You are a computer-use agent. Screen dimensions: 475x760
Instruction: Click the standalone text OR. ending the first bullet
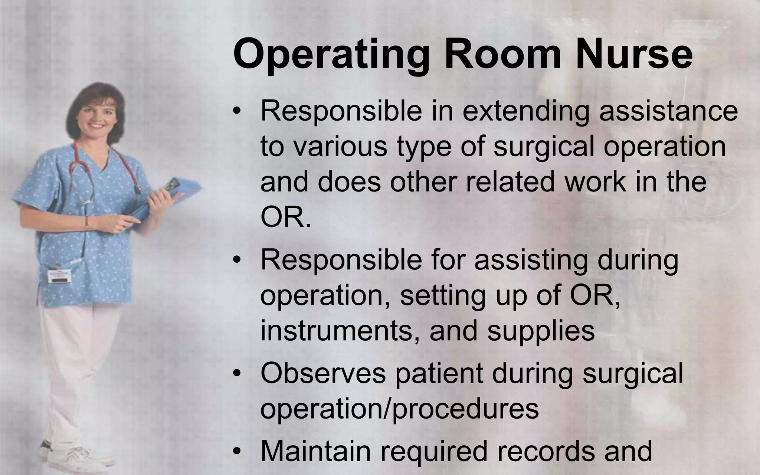[285, 218]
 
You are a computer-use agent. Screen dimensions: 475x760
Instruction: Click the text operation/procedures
[399, 409]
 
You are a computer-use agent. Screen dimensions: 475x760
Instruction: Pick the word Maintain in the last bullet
[316, 451]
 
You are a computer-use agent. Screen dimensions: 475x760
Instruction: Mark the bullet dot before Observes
[237, 374]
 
